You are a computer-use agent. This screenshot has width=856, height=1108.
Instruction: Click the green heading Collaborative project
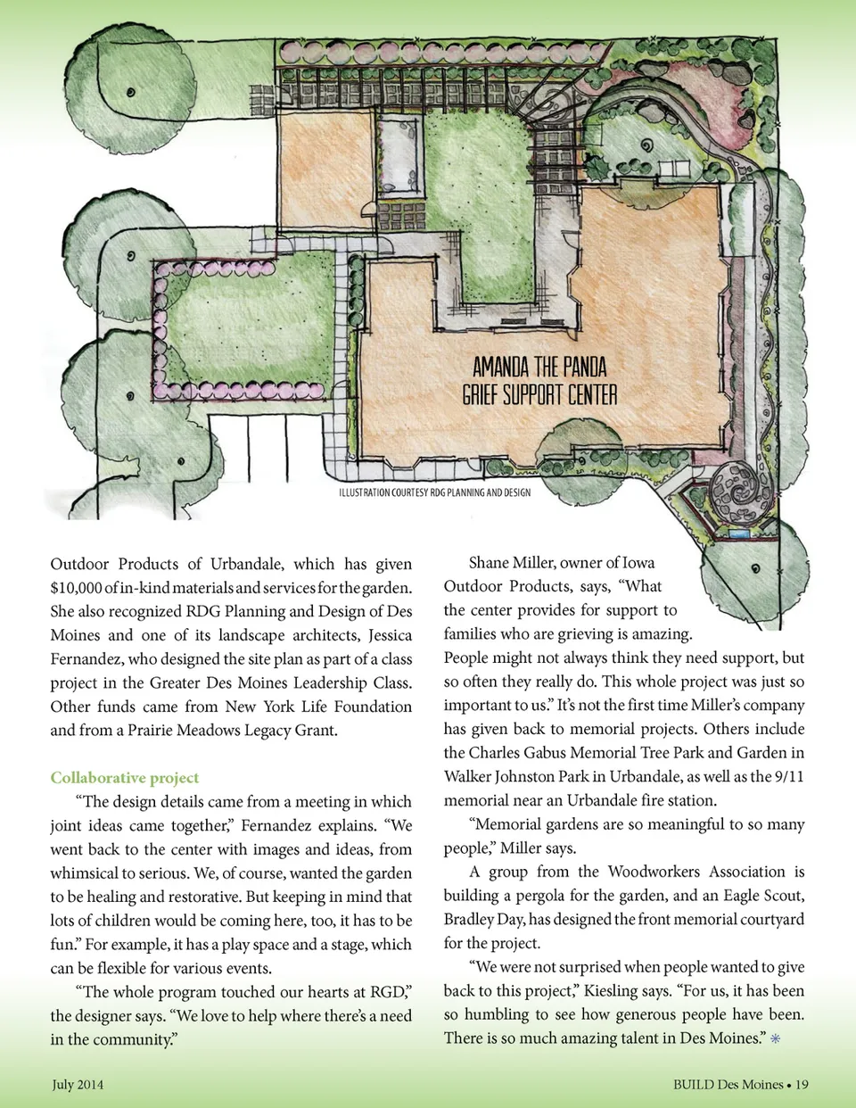coord(124,778)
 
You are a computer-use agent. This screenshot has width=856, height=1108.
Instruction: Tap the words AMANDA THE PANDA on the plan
coord(539,367)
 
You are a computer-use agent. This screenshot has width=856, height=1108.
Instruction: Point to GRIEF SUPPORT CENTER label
coord(539,394)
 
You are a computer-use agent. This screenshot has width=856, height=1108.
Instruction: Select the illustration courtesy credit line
coord(434,492)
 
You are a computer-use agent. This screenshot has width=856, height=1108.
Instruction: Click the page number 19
coord(802,1085)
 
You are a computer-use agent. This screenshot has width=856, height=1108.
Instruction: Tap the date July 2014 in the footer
coord(78,1085)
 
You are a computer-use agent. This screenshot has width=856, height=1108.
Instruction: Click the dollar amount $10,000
coord(75,588)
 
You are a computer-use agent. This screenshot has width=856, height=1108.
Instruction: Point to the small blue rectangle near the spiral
coord(738,533)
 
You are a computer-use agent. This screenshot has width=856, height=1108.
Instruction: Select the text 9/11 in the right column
coord(788,776)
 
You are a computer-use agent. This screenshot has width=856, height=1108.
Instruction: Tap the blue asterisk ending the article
coord(776,1038)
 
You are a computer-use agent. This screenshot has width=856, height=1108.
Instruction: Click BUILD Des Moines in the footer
coord(728,1085)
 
